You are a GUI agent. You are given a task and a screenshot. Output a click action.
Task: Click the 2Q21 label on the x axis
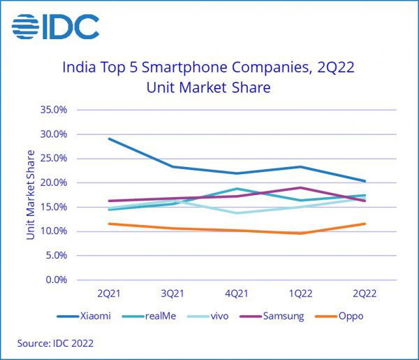[x=109, y=292]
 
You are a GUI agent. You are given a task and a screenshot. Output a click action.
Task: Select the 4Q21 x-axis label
[x=237, y=292]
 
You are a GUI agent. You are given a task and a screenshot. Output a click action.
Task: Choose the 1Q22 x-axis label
[x=301, y=292]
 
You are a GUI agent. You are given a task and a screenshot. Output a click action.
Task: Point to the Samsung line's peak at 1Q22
[x=301, y=187]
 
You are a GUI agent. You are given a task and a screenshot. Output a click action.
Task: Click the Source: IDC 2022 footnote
[x=56, y=343]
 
